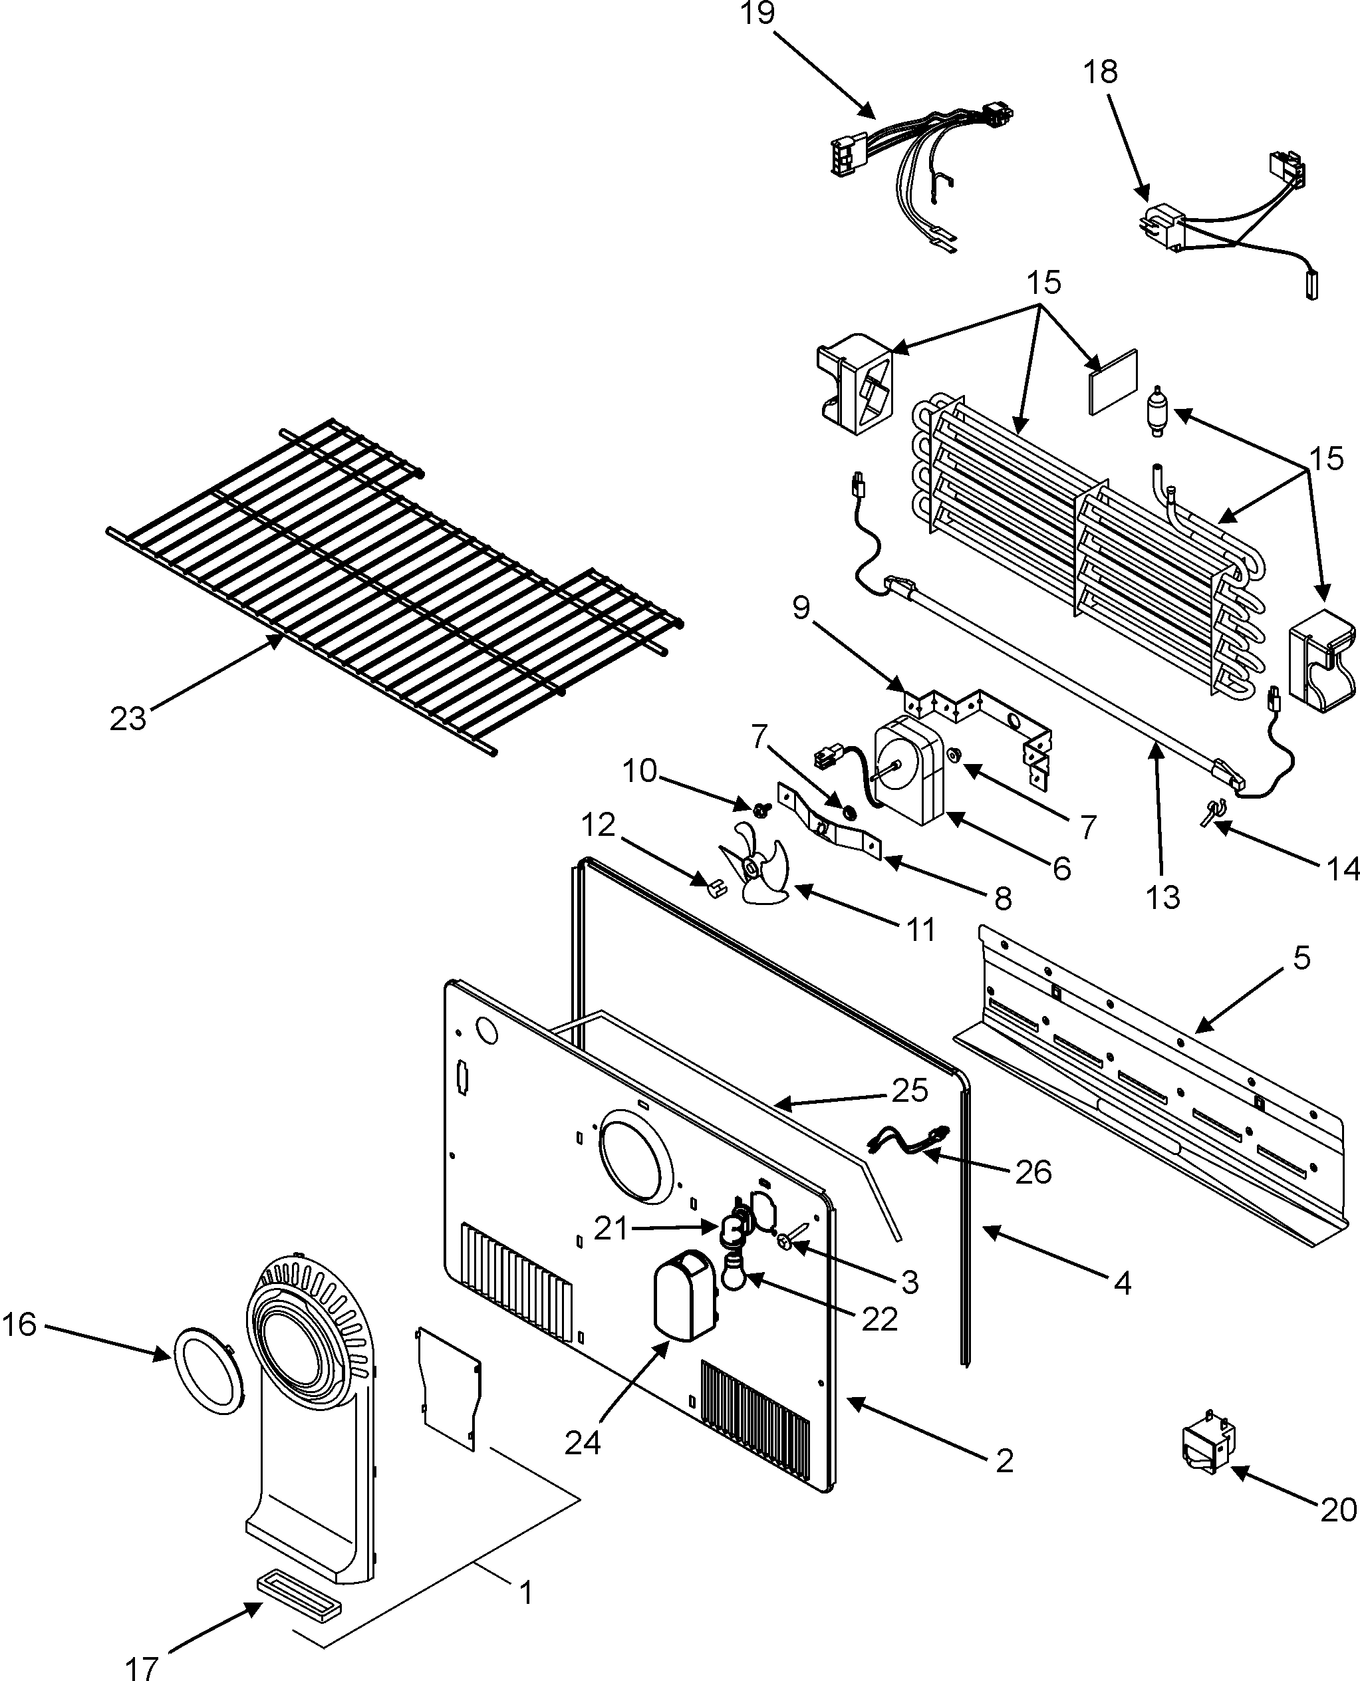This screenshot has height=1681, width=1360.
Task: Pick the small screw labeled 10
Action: coord(761,806)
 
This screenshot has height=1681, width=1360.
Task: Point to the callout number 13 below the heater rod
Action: coord(1162,898)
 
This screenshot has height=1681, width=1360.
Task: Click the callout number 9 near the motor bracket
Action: coord(801,608)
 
